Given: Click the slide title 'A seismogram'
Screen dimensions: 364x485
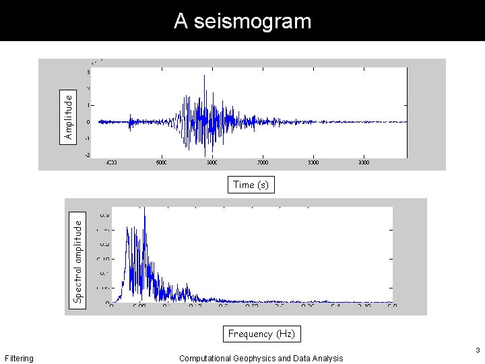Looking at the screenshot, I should pyautogui.click(x=243, y=21).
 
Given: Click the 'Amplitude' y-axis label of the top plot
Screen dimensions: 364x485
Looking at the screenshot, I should pyautogui.click(x=68, y=116).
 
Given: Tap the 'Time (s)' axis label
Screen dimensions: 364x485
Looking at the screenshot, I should pyautogui.click(x=251, y=185).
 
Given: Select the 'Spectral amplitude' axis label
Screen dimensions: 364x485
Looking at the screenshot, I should pyautogui.click(x=78, y=258).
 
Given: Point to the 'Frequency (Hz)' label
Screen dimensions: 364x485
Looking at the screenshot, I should pyautogui.click(x=261, y=334).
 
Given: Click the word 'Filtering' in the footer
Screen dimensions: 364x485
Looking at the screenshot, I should pyautogui.click(x=19, y=359).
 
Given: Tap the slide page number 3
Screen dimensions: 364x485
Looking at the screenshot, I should pyautogui.click(x=477, y=351).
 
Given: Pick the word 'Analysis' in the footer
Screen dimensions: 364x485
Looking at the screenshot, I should pyautogui.click(x=327, y=359).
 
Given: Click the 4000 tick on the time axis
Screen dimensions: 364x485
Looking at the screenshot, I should pyautogui.click(x=112, y=162).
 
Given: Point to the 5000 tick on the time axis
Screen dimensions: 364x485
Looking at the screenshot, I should pyautogui.click(x=162, y=162).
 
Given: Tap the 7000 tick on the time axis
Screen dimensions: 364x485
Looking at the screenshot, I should pyautogui.click(x=263, y=162).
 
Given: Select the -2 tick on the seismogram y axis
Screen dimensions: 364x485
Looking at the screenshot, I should pyautogui.click(x=87, y=155).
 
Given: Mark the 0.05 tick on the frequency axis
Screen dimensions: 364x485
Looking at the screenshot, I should pyautogui.click(x=139, y=306).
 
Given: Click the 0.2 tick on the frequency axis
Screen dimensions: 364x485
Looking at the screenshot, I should pyautogui.click(x=223, y=306).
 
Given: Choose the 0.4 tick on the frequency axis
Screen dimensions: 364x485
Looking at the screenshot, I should pyautogui.click(x=335, y=306).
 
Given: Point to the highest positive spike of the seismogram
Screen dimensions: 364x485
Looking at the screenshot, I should pyautogui.click(x=204, y=76).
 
